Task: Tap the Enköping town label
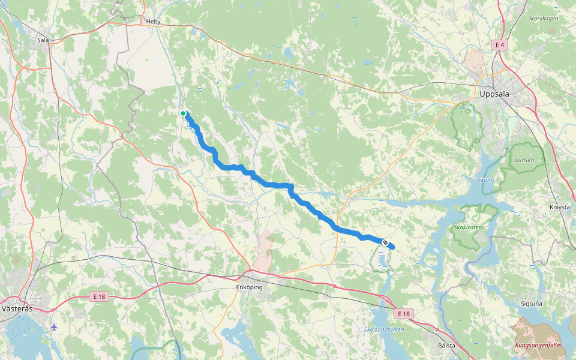250,287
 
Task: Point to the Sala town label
43,40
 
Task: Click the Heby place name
154,22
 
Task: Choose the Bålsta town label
446,346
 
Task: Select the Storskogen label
544,19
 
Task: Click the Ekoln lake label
485,180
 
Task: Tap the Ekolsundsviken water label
384,329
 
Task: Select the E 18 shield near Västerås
100,297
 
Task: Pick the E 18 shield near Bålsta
404,314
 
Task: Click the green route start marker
183,113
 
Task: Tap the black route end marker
385,242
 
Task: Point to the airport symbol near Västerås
55,327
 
